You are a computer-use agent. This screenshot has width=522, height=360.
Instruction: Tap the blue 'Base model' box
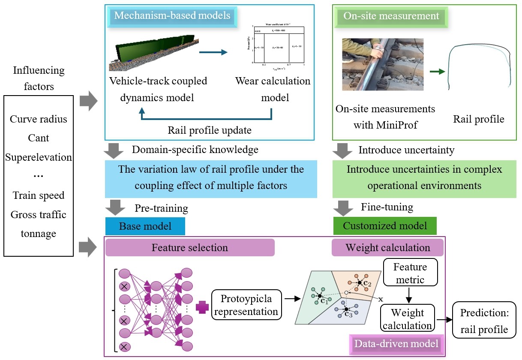[145, 226]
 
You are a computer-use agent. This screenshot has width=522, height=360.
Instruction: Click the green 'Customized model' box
[385, 226]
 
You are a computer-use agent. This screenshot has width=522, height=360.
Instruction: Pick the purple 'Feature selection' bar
[189, 248]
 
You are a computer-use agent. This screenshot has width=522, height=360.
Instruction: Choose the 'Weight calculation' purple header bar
[387, 248]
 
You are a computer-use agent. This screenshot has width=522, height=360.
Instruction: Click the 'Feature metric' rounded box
[410, 273]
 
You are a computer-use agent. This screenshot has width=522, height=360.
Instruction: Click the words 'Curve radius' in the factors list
[39, 119]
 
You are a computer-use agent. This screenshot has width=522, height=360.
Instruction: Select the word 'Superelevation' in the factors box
[39, 157]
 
